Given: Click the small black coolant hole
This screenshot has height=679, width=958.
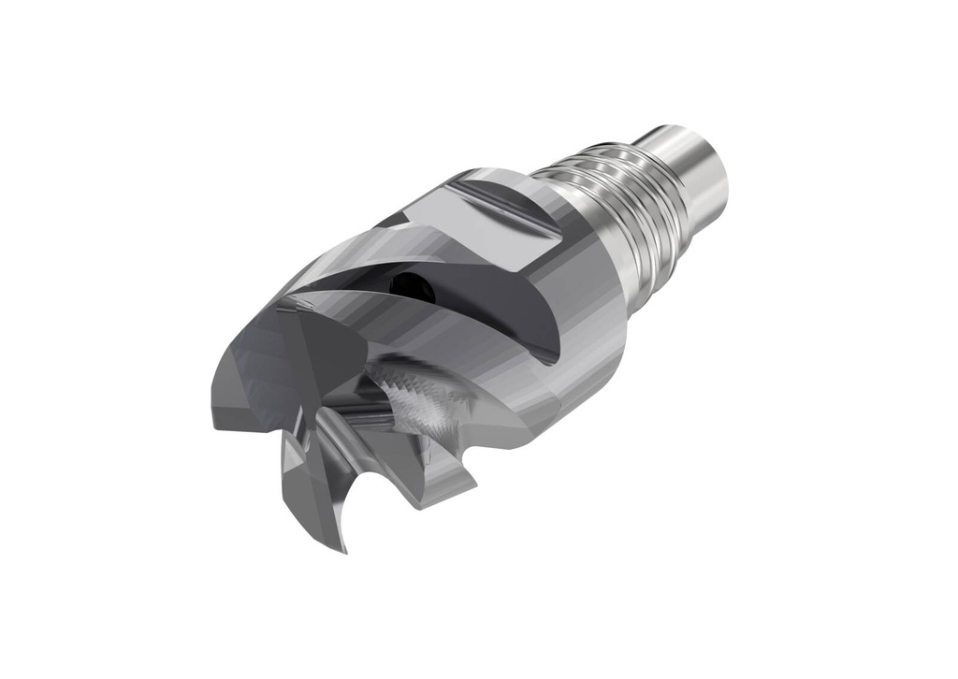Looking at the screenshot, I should tap(407, 279).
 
